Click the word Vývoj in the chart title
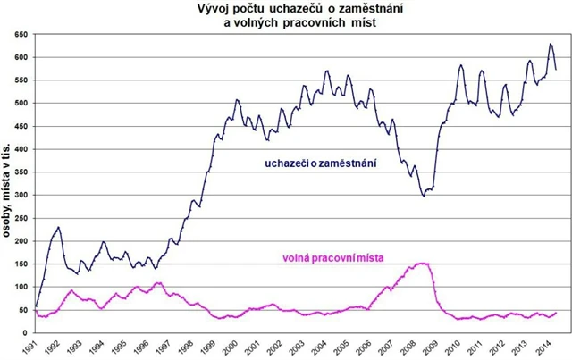point(216,9)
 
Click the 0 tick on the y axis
point(27,332)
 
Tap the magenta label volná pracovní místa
point(332,258)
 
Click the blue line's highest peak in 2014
point(551,45)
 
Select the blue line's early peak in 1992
point(59,227)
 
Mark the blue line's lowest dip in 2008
point(424,195)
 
